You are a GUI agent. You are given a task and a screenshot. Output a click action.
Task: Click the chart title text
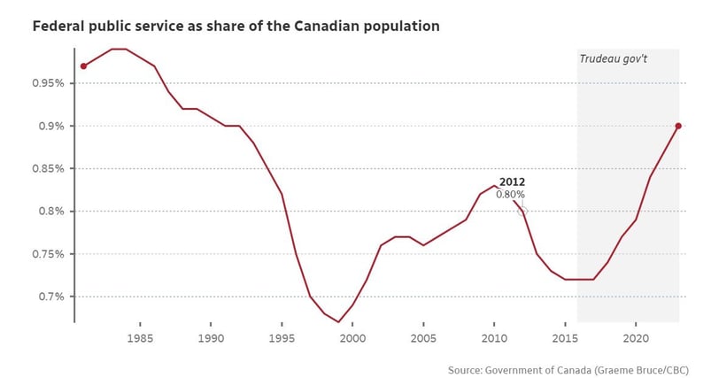coord(236,26)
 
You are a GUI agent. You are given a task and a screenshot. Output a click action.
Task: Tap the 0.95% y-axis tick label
coord(46,84)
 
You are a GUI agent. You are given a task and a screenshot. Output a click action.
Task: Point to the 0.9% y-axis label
coord(49,127)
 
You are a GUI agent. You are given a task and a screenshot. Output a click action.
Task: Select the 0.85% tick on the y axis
coord(46,169)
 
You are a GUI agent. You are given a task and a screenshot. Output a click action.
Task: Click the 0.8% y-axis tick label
coord(49,212)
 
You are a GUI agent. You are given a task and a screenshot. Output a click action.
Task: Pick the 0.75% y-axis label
coord(46,254)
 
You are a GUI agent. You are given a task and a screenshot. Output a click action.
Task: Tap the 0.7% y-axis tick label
coord(49,297)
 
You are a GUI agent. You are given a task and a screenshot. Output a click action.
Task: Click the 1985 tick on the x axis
coord(140,338)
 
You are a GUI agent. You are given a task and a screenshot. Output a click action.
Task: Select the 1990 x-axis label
coord(211,338)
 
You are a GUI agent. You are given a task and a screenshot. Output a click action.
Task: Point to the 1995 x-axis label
coord(282,338)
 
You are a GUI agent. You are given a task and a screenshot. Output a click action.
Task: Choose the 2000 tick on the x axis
coord(352,338)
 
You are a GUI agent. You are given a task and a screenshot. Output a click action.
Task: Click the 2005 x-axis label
coord(423,338)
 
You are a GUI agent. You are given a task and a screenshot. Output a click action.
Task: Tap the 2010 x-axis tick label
coord(494,338)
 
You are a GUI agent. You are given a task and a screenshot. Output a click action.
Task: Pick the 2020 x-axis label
coord(636,338)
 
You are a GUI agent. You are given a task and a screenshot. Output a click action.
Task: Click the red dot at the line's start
coord(83,66)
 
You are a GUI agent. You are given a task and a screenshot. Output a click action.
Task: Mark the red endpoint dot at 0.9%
coord(678,126)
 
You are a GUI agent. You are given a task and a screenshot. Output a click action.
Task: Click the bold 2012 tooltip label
coord(512,181)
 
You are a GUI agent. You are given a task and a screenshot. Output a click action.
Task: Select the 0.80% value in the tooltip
coord(510,194)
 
